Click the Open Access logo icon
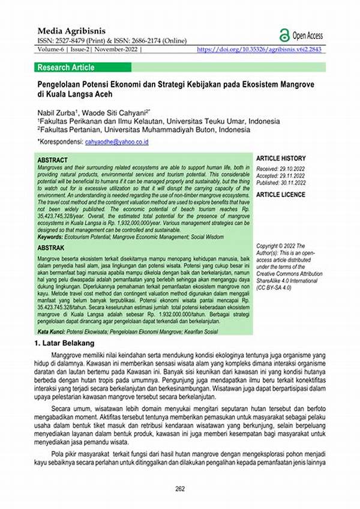[284, 35]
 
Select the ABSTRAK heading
[52, 247]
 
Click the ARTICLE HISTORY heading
[281, 158]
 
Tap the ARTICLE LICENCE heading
[280, 195]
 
